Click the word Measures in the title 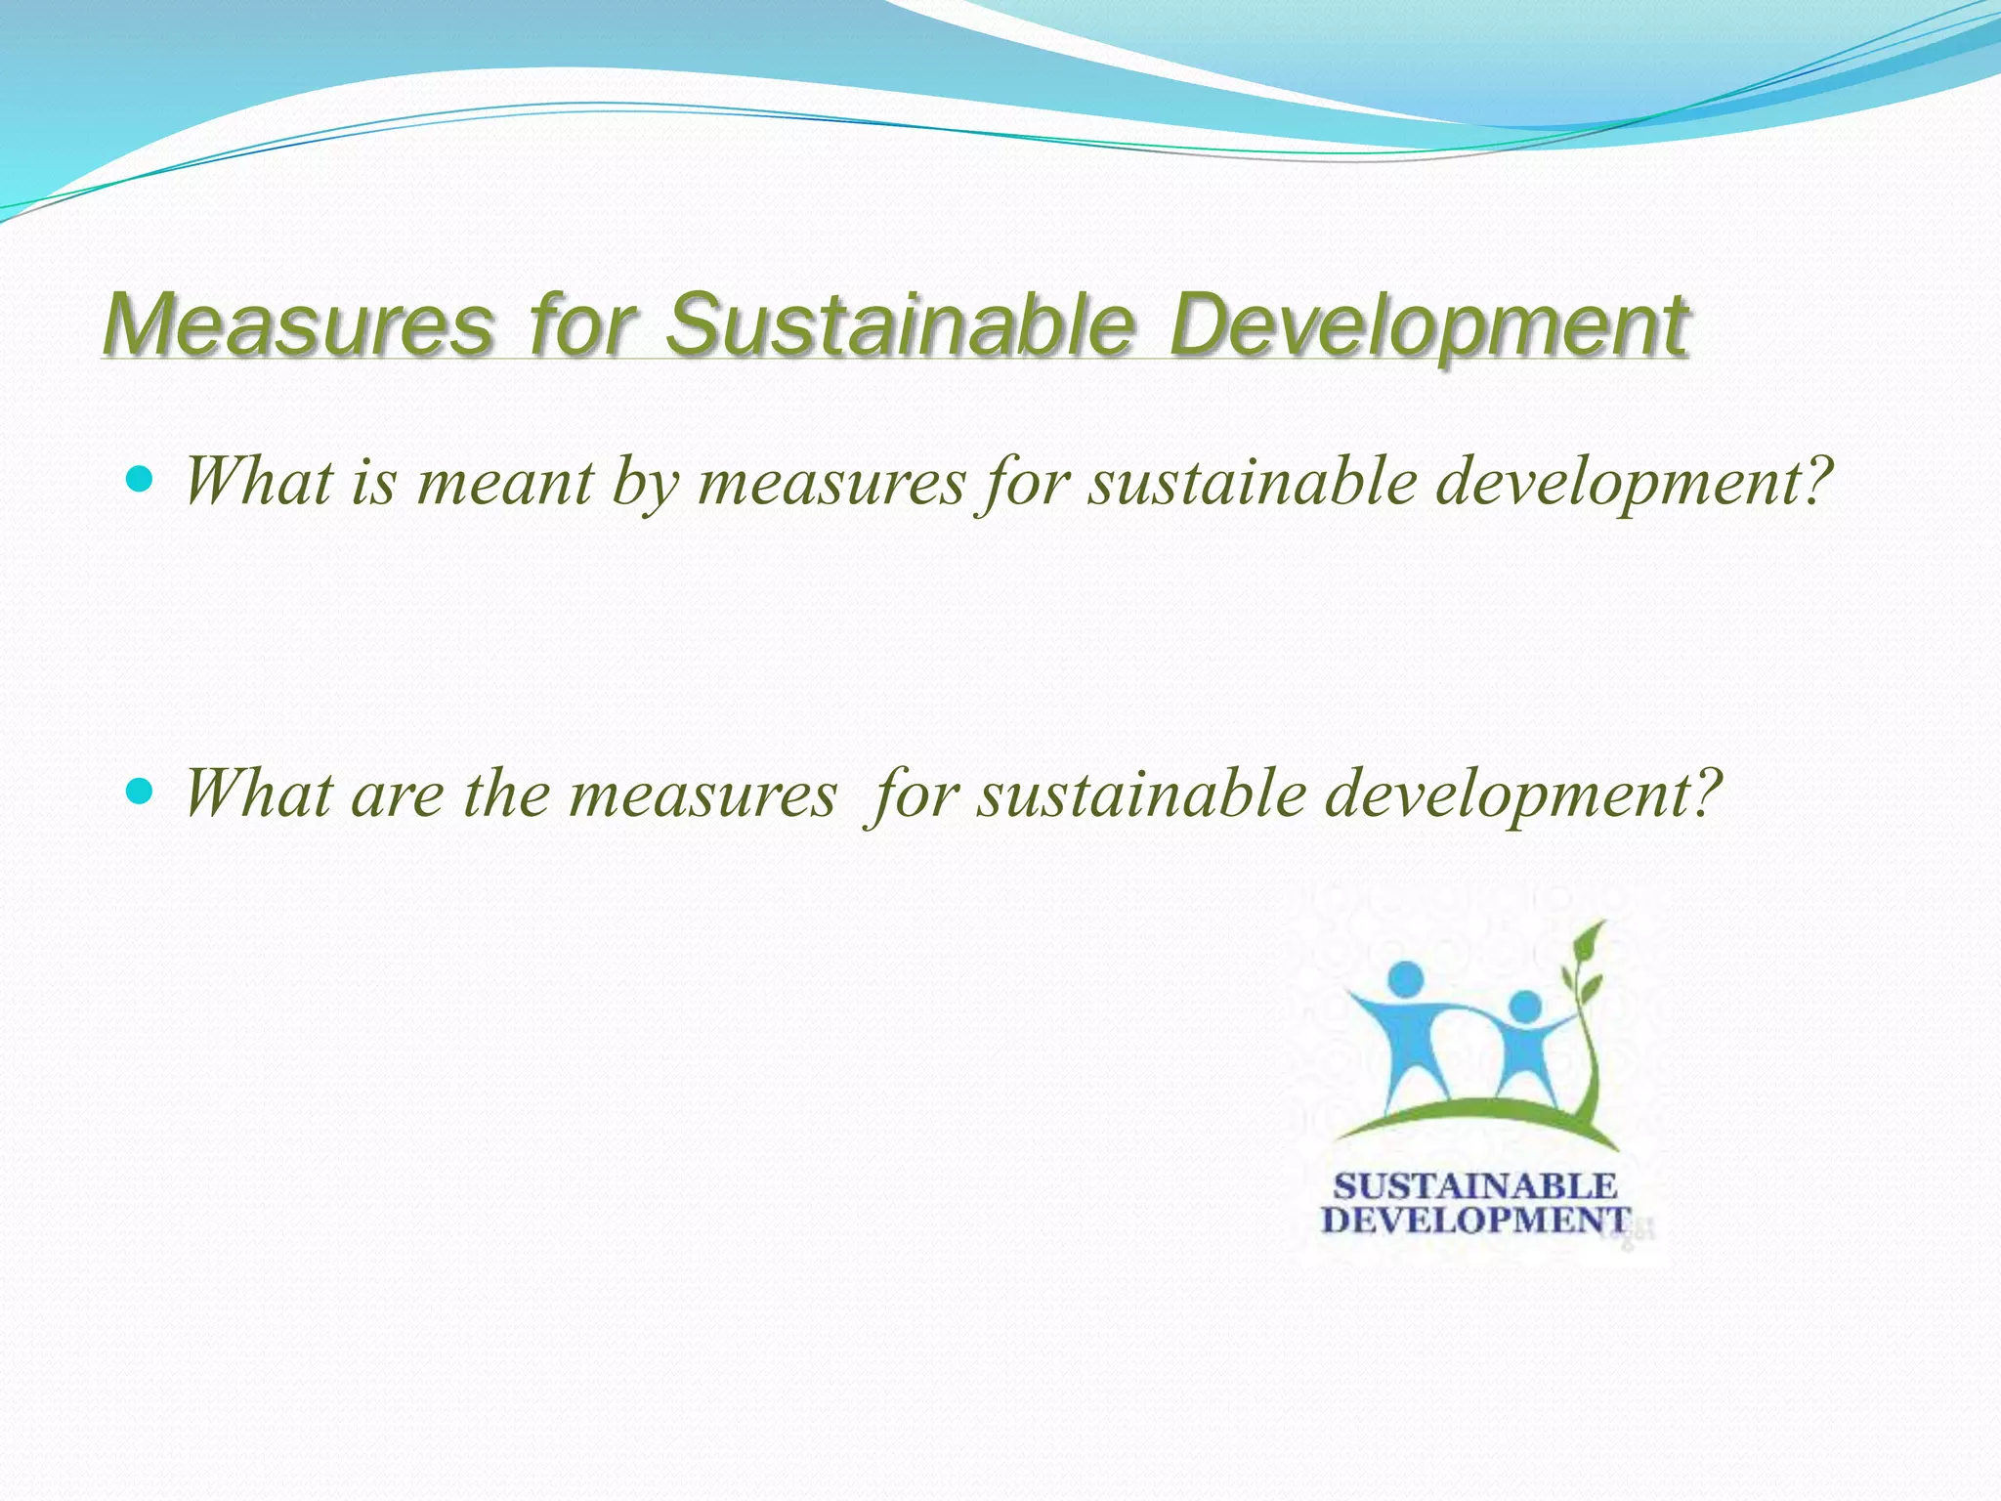[299, 324]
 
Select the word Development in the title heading [1428, 324]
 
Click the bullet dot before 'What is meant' [141, 479]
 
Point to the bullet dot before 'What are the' [141, 791]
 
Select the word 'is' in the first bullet [374, 483]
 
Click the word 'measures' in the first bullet [831, 485]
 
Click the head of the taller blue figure [1405, 977]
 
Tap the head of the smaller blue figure [1524, 1006]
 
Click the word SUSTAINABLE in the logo [1475, 1186]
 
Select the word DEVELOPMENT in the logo [1475, 1221]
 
